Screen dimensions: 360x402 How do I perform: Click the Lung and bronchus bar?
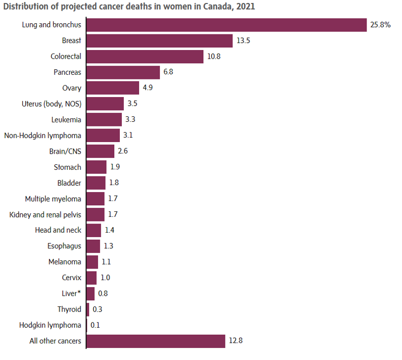coord(227,25)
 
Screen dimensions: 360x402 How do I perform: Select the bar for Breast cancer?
coord(160,40)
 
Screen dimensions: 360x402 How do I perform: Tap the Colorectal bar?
coord(145,57)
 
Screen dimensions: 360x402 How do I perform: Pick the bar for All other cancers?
coord(156,341)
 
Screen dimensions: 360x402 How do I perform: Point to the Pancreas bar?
coord(123,72)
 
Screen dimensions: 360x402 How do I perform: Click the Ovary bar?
coord(113,88)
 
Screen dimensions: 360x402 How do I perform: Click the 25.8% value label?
coord(380,25)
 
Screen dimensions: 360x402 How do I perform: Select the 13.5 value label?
coord(243,40)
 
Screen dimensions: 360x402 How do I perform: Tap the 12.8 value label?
coord(236,341)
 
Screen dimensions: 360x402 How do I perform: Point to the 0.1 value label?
coord(95,325)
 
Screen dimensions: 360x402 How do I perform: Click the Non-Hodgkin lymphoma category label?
coord(42,136)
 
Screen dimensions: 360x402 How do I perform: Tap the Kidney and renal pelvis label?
coord(45,214)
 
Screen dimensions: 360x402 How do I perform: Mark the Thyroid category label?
coord(69,309)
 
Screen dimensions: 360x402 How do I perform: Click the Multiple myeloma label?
coord(53,199)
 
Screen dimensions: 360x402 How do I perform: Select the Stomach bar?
coord(97,167)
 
